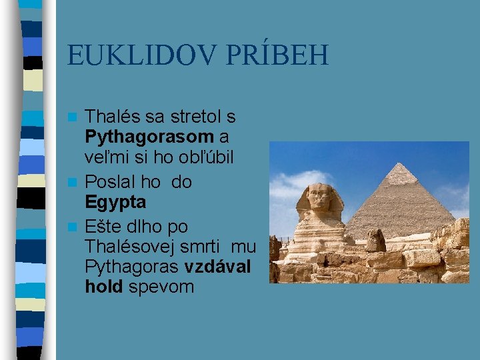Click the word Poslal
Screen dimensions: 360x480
[x=111, y=181]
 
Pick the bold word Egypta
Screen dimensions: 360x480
[x=115, y=202]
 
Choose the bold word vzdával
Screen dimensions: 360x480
[x=218, y=266]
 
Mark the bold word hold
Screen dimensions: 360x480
[x=103, y=287]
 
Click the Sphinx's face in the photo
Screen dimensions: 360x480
[x=321, y=198]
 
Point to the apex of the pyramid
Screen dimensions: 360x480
[x=399, y=164]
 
